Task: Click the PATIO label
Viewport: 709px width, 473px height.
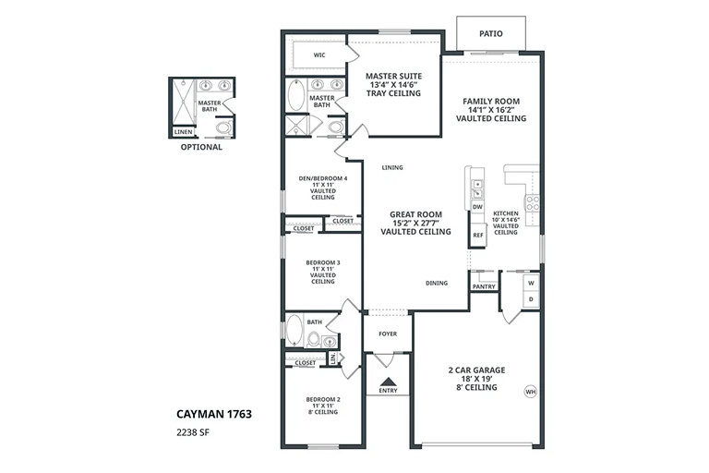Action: (x=490, y=33)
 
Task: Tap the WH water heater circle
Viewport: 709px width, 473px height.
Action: (x=531, y=392)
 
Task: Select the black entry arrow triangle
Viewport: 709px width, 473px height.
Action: (x=388, y=382)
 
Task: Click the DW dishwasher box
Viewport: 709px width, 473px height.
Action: (x=477, y=207)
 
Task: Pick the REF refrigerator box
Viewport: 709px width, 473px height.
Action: (x=477, y=236)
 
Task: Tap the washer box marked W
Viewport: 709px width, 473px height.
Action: (x=531, y=283)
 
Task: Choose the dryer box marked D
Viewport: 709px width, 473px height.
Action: (x=531, y=299)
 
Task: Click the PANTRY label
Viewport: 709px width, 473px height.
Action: (x=484, y=287)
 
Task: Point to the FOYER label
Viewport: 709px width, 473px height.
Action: (x=388, y=334)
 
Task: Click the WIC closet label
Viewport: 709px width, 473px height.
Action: (x=319, y=55)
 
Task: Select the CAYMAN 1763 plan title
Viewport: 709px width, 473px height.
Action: (x=214, y=414)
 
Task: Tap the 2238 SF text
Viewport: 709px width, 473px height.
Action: (x=193, y=432)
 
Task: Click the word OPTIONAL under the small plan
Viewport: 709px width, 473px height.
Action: (x=201, y=147)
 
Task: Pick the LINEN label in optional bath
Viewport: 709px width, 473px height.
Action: (x=183, y=132)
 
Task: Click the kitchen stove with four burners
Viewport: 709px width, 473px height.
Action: (x=532, y=202)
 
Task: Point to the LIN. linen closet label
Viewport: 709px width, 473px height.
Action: (x=333, y=358)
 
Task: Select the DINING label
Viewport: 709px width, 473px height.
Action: (x=437, y=284)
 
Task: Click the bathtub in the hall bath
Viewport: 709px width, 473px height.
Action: (x=294, y=330)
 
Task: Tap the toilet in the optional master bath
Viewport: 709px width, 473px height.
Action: (x=222, y=127)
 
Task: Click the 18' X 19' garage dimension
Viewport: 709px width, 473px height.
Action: (x=476, y=379)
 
